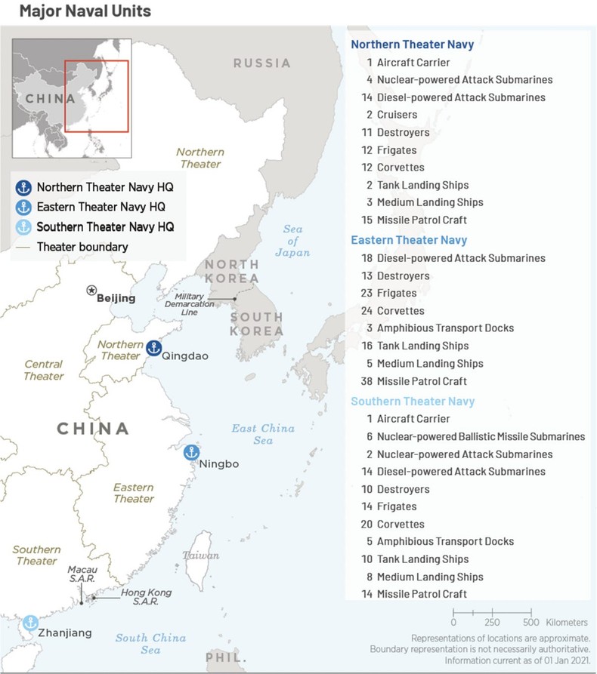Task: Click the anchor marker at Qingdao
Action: pyautogui.click(x=153, y=348)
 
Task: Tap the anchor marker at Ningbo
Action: pyautogui.click(x=192, y=453)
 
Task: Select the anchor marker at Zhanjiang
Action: pyautogui.click(x=29, y=623)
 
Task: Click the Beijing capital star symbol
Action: pyautogui.click(x=91, y=290)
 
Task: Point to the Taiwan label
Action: pyautogui.click(x=200, y=556)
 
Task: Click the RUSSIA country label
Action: pyautogui.click(x=261, y=63)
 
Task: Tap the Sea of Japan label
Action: pyautogui.click(x=292, y=241)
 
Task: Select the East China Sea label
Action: pyautogui.click(x=263, y=434)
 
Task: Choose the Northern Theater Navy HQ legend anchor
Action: pyautogui.click(x=23, y=186)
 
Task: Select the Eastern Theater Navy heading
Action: pyautogui.click(x=409, y=240)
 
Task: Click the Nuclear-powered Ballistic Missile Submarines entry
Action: pyautogui.click(x=481, y=436)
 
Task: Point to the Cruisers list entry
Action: pyautogui.click(x=397, y=115)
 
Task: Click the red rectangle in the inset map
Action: pyautogui.click(x=96, y=96)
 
